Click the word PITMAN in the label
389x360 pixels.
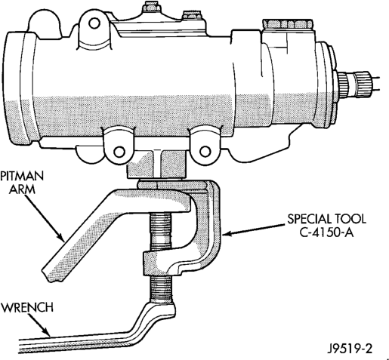point(22,176)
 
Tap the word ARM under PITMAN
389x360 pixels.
point(22,189)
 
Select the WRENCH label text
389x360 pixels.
point(27,307)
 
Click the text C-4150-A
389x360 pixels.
point(327,232)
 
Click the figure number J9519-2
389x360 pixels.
point(350,349)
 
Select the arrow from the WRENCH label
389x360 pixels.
point(39,325)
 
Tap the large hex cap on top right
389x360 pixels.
point(287,24)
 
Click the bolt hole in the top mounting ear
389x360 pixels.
point(94,23)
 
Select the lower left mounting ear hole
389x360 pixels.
point(119,152)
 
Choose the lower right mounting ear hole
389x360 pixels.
point(205,152)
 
